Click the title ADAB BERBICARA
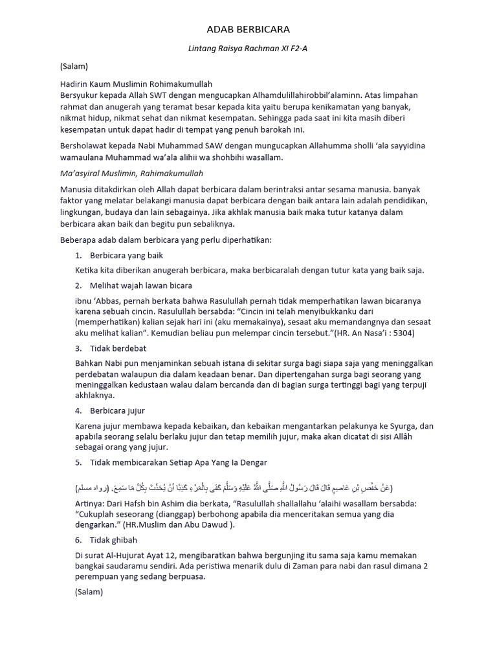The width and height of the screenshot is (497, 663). pyautogui.click(x=248, y=29)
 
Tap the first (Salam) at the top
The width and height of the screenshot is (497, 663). pyautogui.click(x=74, y=66)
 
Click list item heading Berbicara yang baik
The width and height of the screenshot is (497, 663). pyautogui.click(x=127, y=255)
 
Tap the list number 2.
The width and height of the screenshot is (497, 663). pyautogui.click(x=78, y=285)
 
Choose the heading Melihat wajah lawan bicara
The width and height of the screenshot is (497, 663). pyautogui.click(x=141, y=285)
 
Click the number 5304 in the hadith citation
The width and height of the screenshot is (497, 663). pyautogui.click(x=400, y=333)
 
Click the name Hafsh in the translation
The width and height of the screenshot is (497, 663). pyautogui.click(x=135, y=502)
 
